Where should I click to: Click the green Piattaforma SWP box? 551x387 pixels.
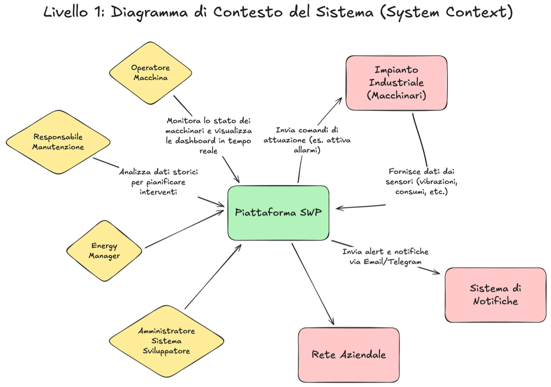(278, 213)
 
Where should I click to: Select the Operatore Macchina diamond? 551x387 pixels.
(150, 73)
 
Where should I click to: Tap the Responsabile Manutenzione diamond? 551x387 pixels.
(58, 142)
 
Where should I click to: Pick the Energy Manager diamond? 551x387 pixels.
(104, 251)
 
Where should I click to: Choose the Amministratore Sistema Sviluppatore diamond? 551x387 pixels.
(166, 341)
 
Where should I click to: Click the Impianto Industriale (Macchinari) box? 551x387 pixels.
(397, 83)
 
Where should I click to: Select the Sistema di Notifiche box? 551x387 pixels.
(495, 295)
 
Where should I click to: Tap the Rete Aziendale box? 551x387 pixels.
(349, 355)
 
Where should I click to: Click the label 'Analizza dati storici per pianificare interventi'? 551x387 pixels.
(158, 182)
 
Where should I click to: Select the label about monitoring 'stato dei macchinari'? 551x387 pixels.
(209, 136)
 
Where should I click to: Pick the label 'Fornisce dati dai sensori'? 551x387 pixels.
(422, 182)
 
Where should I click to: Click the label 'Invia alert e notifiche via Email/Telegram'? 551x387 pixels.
(385, 257)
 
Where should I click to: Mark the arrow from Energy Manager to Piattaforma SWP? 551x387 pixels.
(183, 230)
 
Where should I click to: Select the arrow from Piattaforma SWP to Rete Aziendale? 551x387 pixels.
(313, 284)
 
